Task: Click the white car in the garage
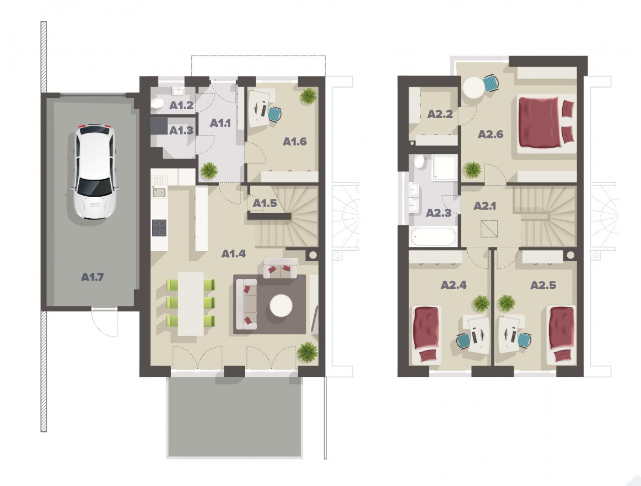94,172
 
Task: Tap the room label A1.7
92,277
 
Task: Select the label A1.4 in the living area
233,254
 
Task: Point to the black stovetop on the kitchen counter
160,228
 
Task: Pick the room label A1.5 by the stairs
265,203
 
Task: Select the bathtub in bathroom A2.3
433,236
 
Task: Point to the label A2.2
440,114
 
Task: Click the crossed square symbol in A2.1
489,229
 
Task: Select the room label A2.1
485,206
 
